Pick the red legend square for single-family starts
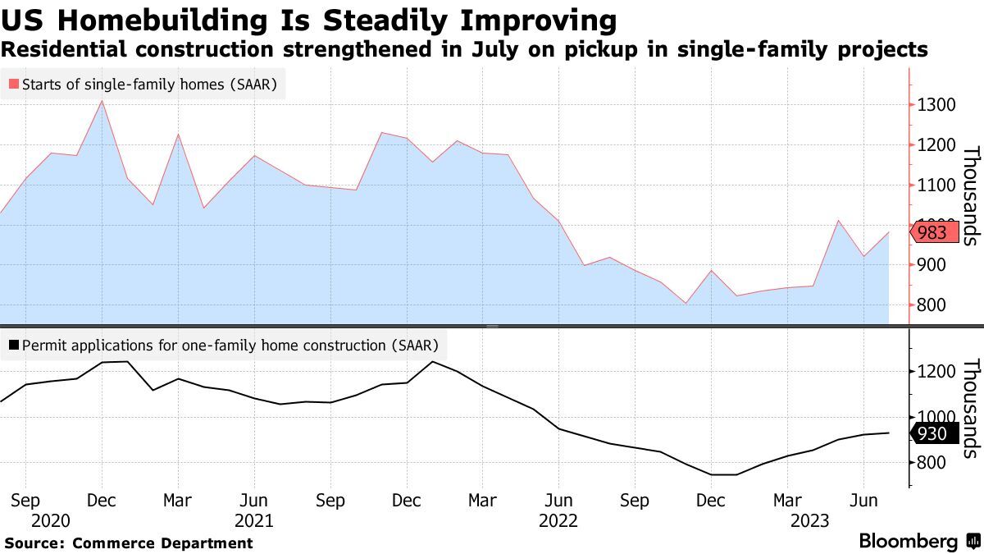pyautogui.click(x=14, y=84)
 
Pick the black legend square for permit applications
pyautogui.click(x=14, y=346)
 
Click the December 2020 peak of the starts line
pyautogui.click(x=101, y=101)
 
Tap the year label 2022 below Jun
pyautogui.click(x=559, y=520)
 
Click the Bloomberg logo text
pyautogui.click(x=908, y=542)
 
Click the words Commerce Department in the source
pyautogui.click(x=162, y=543)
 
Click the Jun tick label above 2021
pyautogui.click(x=254, y=501)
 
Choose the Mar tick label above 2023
pyautogui.click(x=788, y=501)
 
